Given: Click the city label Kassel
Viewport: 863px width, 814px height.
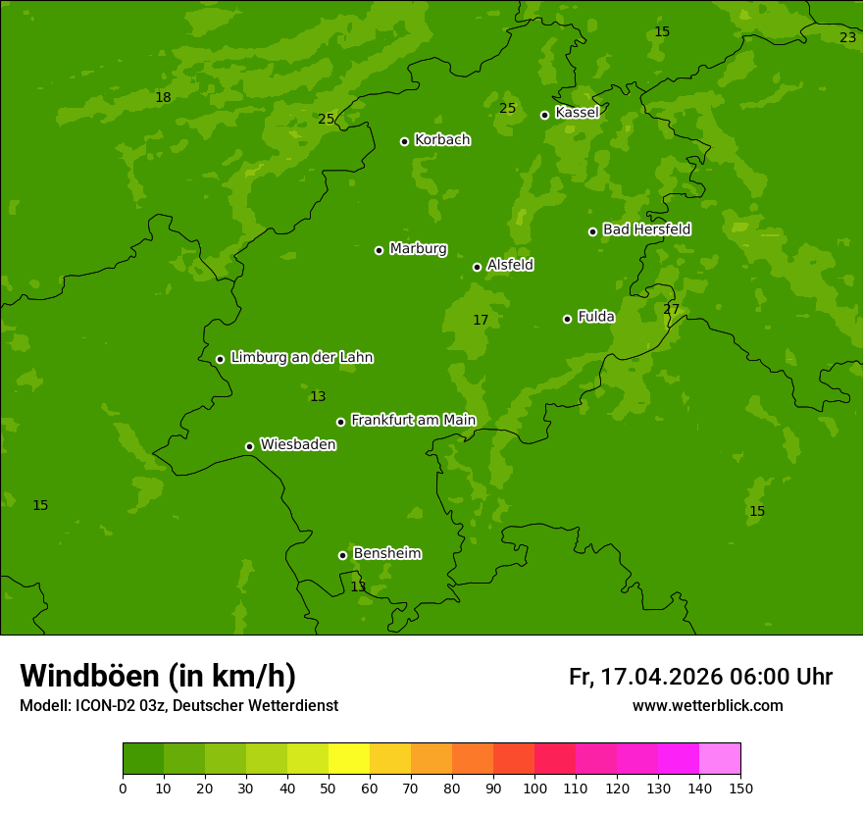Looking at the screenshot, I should point(577,113).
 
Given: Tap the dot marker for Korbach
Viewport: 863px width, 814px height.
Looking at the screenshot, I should point(404,141).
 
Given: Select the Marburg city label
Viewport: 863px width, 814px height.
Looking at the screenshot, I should point(418,249).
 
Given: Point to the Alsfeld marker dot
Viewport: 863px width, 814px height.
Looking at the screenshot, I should point(477,267).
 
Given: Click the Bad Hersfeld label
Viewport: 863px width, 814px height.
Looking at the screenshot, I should point(646,229).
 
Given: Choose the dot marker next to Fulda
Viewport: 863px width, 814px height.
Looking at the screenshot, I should point(567,319).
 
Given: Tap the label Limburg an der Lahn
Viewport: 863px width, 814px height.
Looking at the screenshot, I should point(301,358).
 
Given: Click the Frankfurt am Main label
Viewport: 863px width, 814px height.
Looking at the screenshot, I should point(413,421).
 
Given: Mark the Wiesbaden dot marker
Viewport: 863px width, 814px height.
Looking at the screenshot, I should point(249,446).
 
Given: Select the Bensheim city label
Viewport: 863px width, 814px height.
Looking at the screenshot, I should point(386,554).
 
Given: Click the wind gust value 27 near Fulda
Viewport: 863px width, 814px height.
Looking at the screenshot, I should point(671,310).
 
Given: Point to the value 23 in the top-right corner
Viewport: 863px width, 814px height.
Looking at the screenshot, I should point(847,37).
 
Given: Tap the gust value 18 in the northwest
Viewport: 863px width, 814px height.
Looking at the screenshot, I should point(163,97).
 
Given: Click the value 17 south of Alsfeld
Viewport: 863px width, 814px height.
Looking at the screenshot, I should point(481,321).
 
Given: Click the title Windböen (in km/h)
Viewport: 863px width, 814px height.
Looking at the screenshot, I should point(158,676).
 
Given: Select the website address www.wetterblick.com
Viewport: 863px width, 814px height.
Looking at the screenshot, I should point(707,706).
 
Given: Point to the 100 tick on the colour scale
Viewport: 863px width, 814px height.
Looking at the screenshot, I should point(534,788).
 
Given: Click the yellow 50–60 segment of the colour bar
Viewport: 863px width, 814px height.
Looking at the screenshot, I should point(349,759).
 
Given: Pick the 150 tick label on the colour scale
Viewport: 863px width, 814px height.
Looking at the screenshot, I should point(740,788).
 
